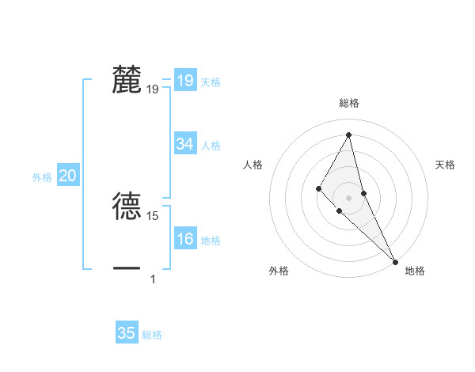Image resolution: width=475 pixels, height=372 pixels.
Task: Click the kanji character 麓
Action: [127, 80]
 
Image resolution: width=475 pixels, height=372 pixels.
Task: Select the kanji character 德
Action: [127, 206]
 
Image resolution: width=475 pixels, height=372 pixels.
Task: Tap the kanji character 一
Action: [127, 269]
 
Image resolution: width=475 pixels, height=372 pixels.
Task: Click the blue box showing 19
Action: [184, 81]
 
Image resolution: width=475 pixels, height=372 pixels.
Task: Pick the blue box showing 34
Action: [185, 144]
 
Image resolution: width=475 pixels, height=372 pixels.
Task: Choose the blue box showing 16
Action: [185, 239]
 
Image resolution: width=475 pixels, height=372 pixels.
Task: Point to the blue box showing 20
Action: [67, 177]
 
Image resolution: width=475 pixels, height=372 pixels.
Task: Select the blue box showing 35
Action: [127, 333]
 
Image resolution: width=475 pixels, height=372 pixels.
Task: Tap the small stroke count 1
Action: [153, 279]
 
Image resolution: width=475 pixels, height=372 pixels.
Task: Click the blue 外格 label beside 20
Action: [42, 177]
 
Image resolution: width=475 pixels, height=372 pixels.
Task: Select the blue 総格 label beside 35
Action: [152, 335]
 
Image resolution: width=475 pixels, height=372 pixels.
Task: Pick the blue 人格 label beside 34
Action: [211, 146]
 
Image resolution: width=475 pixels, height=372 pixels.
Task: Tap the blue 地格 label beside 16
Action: [211, 241]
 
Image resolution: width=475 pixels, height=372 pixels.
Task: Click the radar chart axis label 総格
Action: [348, 103]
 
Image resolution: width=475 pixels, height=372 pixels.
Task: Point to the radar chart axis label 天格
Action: [446, 165]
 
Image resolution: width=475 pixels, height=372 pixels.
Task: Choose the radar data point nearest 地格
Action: [395, 261]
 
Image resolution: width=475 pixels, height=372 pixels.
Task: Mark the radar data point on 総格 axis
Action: [348, 135]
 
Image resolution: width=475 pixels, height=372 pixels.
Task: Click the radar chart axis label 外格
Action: [279, 271]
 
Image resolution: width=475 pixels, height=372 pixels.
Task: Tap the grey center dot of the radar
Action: [348, 197]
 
